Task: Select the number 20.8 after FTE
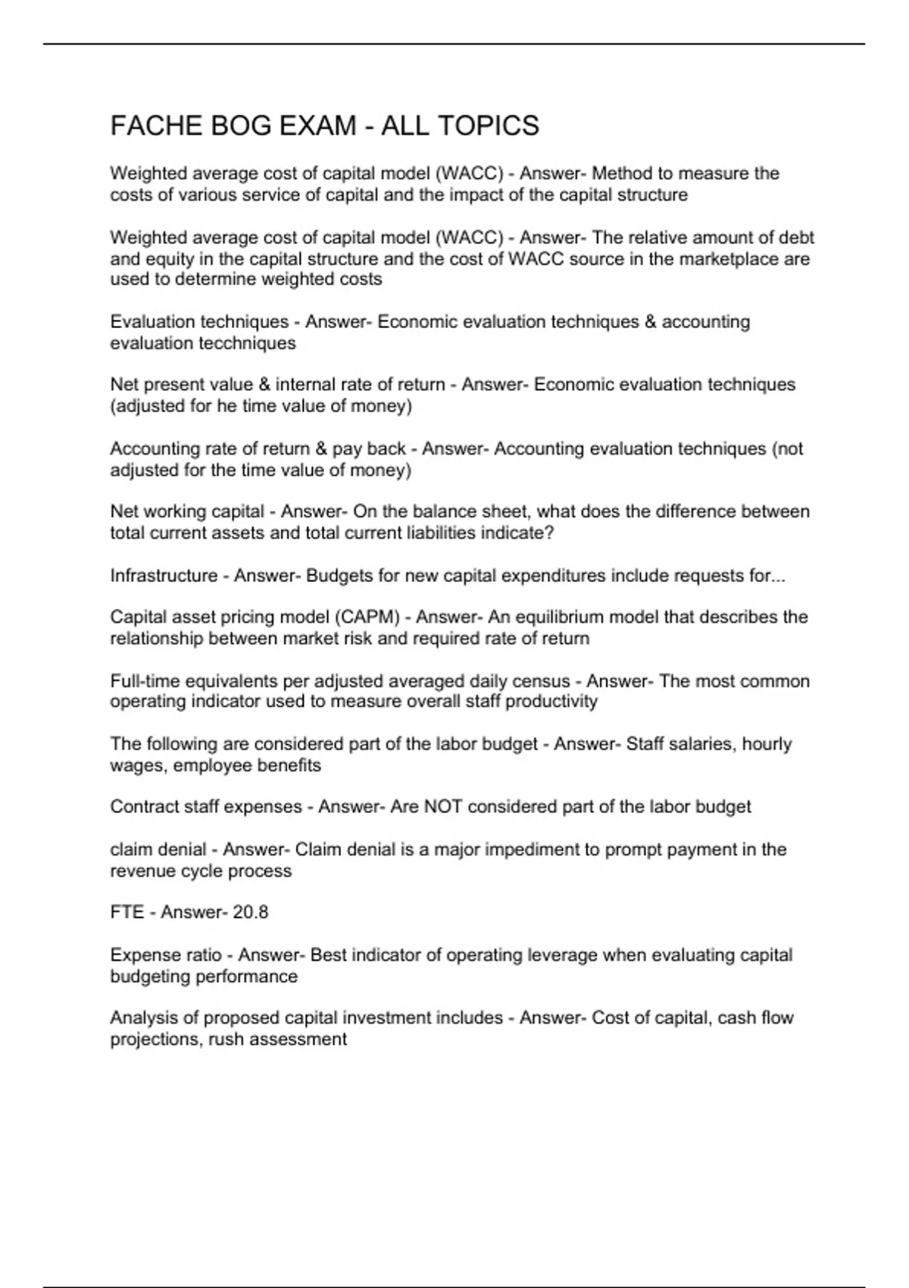[x=250, y=912]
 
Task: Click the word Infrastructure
[x=164, y=576]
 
